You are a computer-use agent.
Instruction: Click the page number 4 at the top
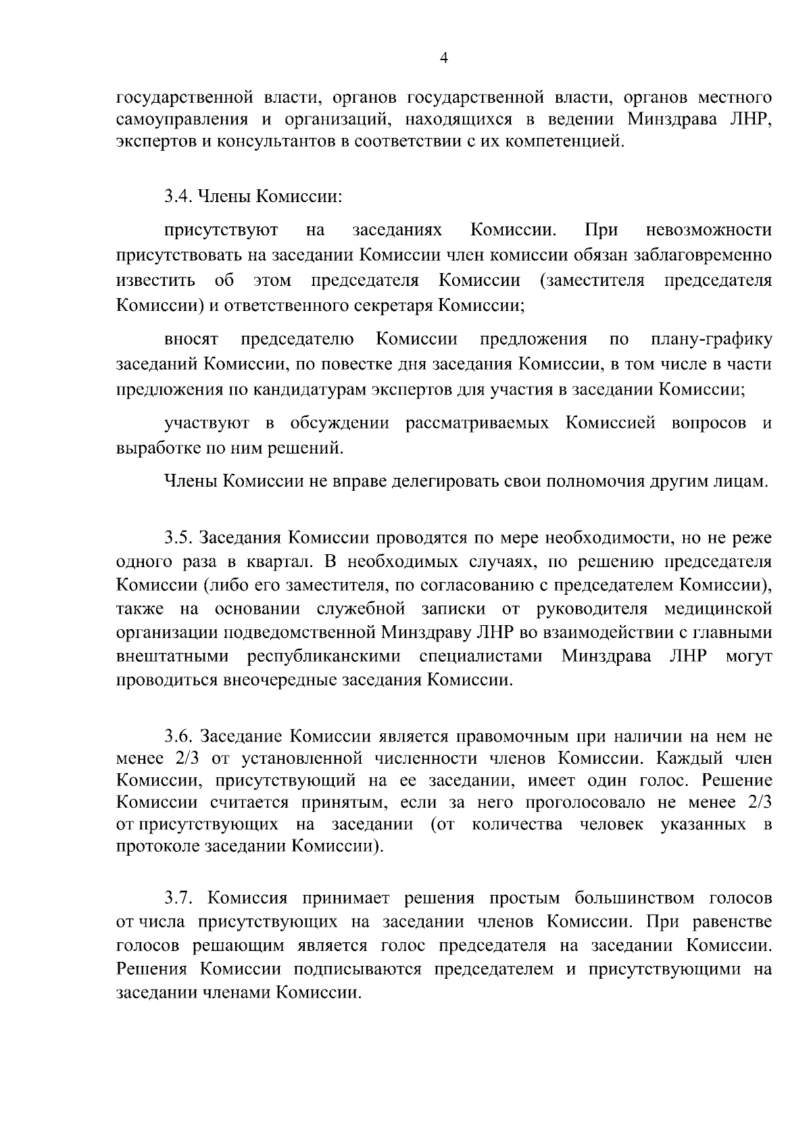[x=444, y=59]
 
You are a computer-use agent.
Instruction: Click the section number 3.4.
[x=178, y=197]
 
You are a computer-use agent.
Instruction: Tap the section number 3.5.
[x=178, y=538]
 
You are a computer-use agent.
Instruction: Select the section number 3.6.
[x=178, y=736]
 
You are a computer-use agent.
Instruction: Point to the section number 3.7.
[x=178, y=898]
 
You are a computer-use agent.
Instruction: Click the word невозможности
[x=708, y=230]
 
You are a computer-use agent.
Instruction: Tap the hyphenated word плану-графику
[x=711, y=339]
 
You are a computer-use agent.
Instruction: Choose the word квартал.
[x=281, y=562]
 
